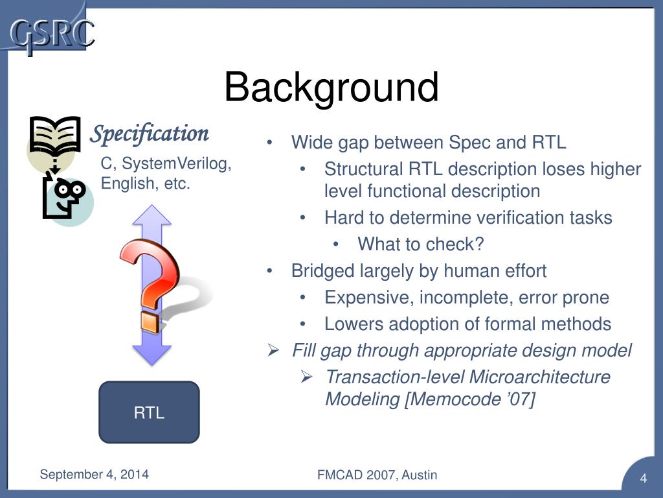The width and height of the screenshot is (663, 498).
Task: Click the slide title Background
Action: (x=331, y=88)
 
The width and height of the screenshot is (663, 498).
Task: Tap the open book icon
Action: (x=55, y=136)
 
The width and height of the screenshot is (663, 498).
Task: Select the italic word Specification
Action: (x=149, y=134)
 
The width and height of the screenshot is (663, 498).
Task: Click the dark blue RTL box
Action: (x=149, y=412)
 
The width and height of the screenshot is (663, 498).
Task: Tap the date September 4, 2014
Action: (x=94, y=474)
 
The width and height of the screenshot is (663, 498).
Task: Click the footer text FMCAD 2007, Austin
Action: (x=377, y=475)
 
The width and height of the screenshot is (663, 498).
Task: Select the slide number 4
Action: (x=644, y=479)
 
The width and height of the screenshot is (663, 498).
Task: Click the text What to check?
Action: (x=421, y=244)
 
